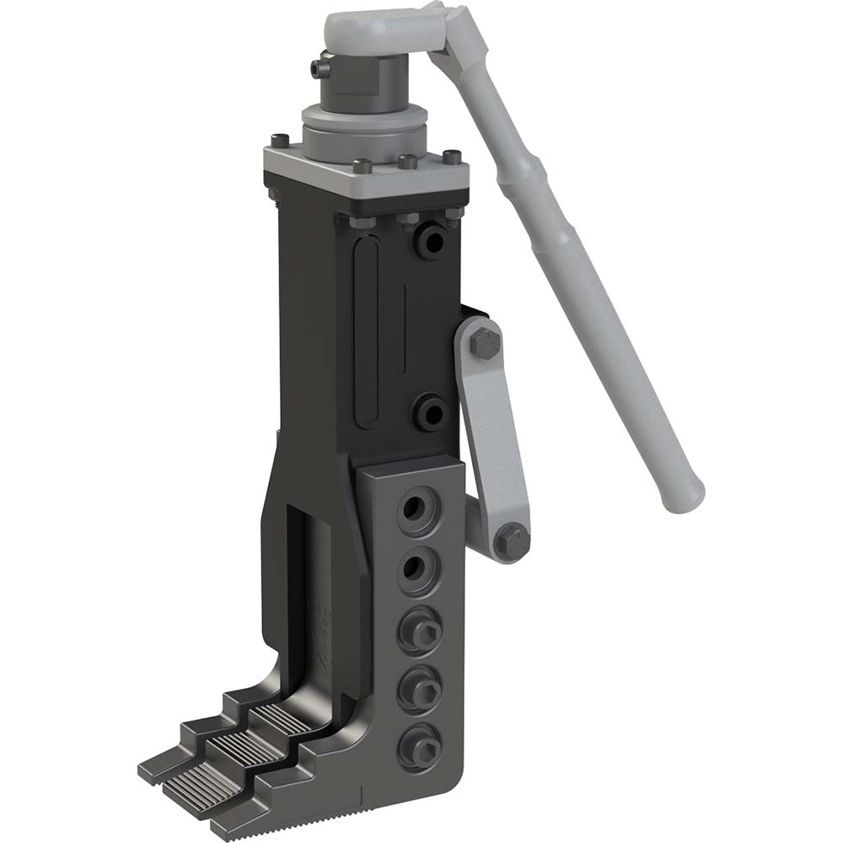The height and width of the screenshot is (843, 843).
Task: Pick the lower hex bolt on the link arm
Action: pyautogui.click(x=509, y=537)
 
